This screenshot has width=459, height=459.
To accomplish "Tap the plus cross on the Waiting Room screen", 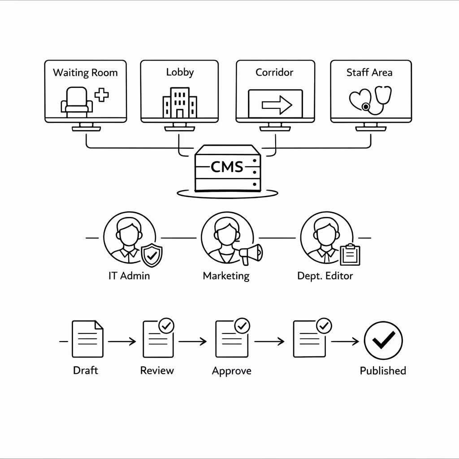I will [102, 95].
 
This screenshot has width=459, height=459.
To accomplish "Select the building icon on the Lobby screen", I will [180, 102].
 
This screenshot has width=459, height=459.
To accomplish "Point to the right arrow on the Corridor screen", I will [277, 105].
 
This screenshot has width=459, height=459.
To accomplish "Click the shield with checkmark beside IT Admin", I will [152, 255].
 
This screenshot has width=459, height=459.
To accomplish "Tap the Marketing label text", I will [226, 276].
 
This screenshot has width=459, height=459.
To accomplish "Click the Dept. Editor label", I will [325, 276].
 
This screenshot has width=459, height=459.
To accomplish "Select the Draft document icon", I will [87, 339].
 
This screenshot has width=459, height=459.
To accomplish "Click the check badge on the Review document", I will [167, 326].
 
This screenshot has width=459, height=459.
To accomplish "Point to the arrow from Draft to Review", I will [121, 342].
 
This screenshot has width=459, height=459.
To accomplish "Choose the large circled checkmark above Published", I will [383, 341].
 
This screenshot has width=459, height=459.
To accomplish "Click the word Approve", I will [231, 371].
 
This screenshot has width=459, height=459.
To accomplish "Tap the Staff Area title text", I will [369, 73].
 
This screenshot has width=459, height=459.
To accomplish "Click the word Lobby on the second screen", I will [179, 72].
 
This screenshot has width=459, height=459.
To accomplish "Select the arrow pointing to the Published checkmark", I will [345, 342].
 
